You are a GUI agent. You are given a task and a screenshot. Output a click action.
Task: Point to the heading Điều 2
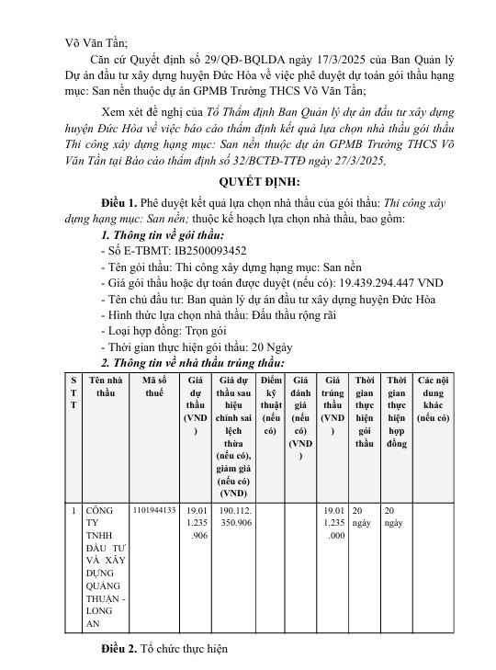coord(119,650)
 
